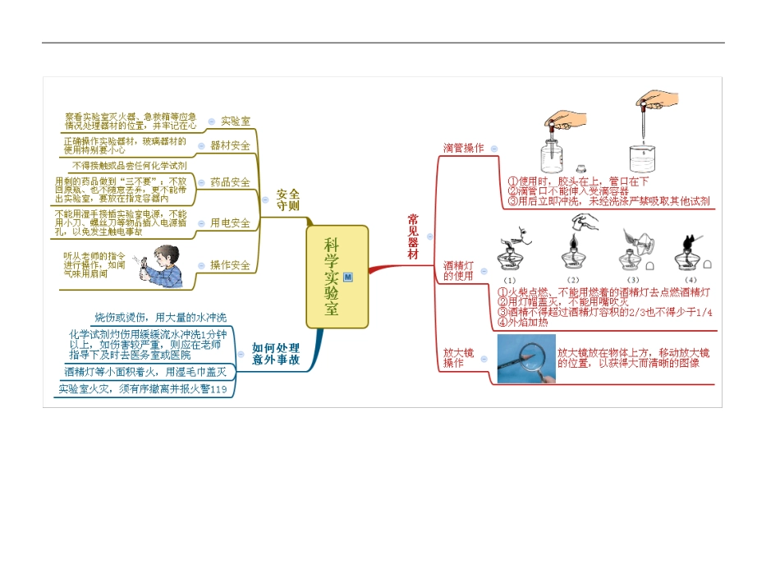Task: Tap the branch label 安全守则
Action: pos(287,199)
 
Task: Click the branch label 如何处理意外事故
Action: pos(275,354)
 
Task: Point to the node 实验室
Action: pos(236,121)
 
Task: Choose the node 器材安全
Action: pos(230,145)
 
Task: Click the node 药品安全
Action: pos(230,182)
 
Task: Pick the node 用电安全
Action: pos(230,222)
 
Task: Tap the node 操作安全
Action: pos(230,265)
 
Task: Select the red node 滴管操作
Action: pos(463,149)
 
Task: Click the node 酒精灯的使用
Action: pos(458,270)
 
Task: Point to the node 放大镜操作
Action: pos(458,357)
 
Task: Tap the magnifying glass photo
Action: pos(525,360)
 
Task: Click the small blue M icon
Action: pos(348,277)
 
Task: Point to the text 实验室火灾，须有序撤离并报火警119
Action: pos(142,389)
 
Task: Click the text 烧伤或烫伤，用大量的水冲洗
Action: pos(160,317)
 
